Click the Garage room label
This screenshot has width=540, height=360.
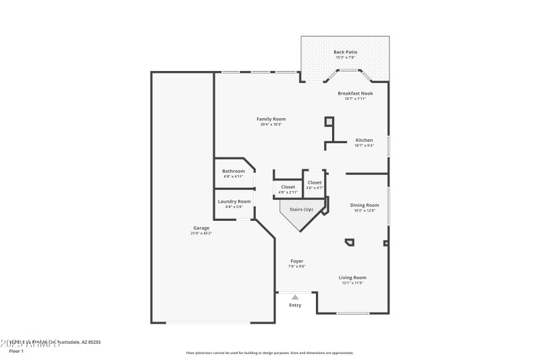(x=201, y=228)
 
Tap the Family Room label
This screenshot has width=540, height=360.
(x=271, y=119)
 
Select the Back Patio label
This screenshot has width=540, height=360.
(x=346, y=52)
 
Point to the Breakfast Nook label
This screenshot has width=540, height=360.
(x=355, y=93)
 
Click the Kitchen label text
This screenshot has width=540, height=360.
(x=364, y=140)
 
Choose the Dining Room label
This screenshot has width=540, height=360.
(x=364, y=205)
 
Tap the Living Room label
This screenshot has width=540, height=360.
(x=352, y=278)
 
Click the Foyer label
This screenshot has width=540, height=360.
(x=297, y=261)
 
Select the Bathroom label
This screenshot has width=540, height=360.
(x=234, y=171)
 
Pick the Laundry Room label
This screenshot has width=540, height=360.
(x=234, y=201)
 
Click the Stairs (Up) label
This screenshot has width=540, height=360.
(x=302, y=209)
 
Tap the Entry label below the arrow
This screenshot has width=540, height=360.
(x=295, y=305)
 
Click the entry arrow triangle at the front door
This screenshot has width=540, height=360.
(x=295, y=297)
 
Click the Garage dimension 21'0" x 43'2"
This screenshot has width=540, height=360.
(x=201, y=233)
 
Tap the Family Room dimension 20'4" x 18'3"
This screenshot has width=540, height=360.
(x=271, y=124)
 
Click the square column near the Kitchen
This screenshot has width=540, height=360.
(x=329, y=122)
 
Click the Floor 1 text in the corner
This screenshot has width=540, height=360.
(x=16, y=351)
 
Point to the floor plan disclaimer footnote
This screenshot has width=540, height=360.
(x=269, y=353)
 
